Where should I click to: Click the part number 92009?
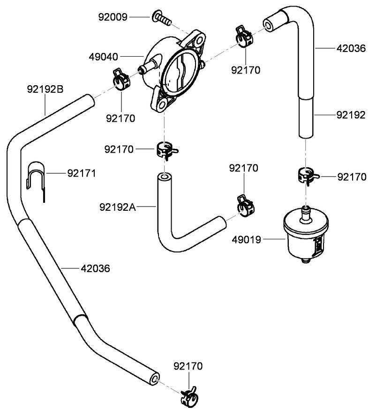pos(113,17)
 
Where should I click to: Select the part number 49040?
pos(104,57)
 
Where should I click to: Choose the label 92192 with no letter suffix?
pos(350,115)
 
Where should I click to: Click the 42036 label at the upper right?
pos(350,48)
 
